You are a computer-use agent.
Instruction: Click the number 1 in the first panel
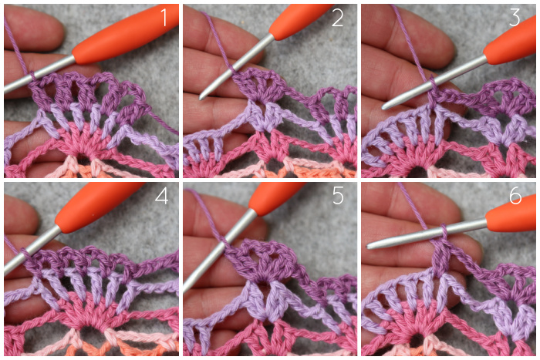pos(164,18)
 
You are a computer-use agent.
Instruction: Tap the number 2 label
pos(338,18)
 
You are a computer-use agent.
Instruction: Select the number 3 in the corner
pos(515,18)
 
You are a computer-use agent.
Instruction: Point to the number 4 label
pos(161,196)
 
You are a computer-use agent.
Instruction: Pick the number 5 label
pos(338,196)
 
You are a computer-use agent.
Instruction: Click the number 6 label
pos(515,197)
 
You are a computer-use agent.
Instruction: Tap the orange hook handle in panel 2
pos(299,22)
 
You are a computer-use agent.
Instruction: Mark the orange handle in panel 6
pos(511,217)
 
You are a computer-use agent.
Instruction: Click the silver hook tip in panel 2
pos(201,97)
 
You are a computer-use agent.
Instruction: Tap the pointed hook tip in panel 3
pos(385,106)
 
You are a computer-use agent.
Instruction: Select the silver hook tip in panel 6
pos(370,246)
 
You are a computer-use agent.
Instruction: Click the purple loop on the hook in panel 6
pos(444,235)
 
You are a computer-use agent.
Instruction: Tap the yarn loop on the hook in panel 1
pos(32,76)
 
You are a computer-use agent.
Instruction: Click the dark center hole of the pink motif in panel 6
pos(416,341)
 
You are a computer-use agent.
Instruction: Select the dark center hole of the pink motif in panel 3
pos(417,171)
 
